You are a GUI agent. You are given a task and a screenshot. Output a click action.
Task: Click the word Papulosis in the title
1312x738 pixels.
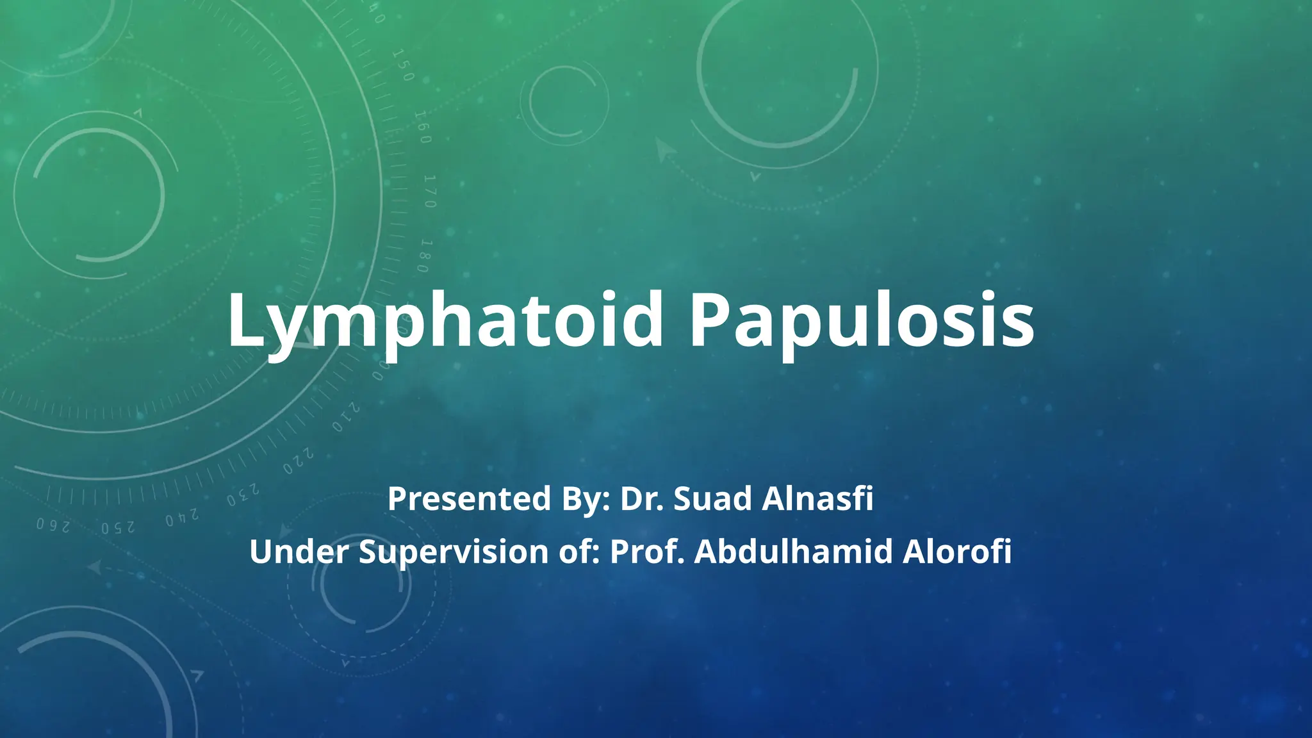coord(862,320)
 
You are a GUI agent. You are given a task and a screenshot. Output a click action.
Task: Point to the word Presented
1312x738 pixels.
coord(469,498)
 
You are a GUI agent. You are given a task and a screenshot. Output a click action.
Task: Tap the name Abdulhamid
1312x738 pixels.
coord(793,552)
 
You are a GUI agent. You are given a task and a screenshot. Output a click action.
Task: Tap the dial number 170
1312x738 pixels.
coord(430,191)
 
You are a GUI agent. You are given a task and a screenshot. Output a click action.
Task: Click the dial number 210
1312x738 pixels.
coord(347,418)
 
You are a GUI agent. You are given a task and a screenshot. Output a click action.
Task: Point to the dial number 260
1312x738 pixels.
coord(53,525)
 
